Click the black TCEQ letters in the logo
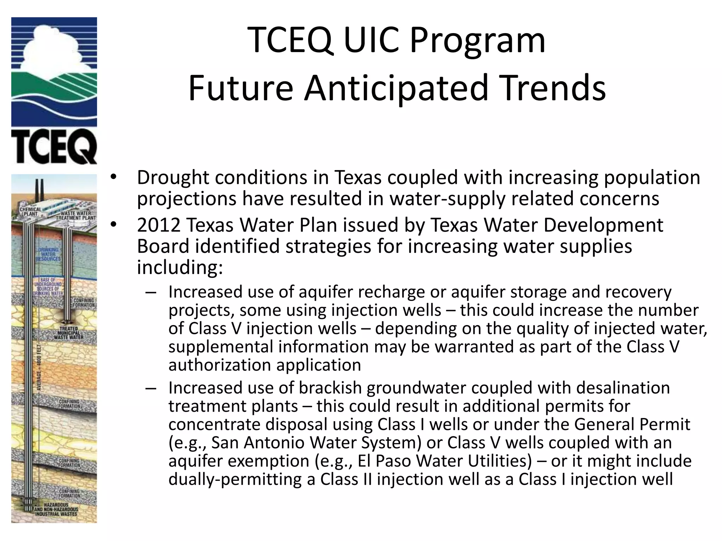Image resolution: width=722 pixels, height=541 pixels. (x=54, y=146)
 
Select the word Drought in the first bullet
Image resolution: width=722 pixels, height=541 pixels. (x=173, y=178)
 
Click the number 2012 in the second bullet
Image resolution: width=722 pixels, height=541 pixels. (x=158, y=225)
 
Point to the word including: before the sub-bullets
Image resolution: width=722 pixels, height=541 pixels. (x=180, y=268)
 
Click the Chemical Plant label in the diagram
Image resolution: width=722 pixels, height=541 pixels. (x=30, y=212)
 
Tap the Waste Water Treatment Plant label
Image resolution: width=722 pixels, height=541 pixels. (x=75, y=216)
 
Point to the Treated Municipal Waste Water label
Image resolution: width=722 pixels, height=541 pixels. (x=69, y=333)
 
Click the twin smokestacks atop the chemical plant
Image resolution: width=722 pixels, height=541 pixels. (x=39, y=190)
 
